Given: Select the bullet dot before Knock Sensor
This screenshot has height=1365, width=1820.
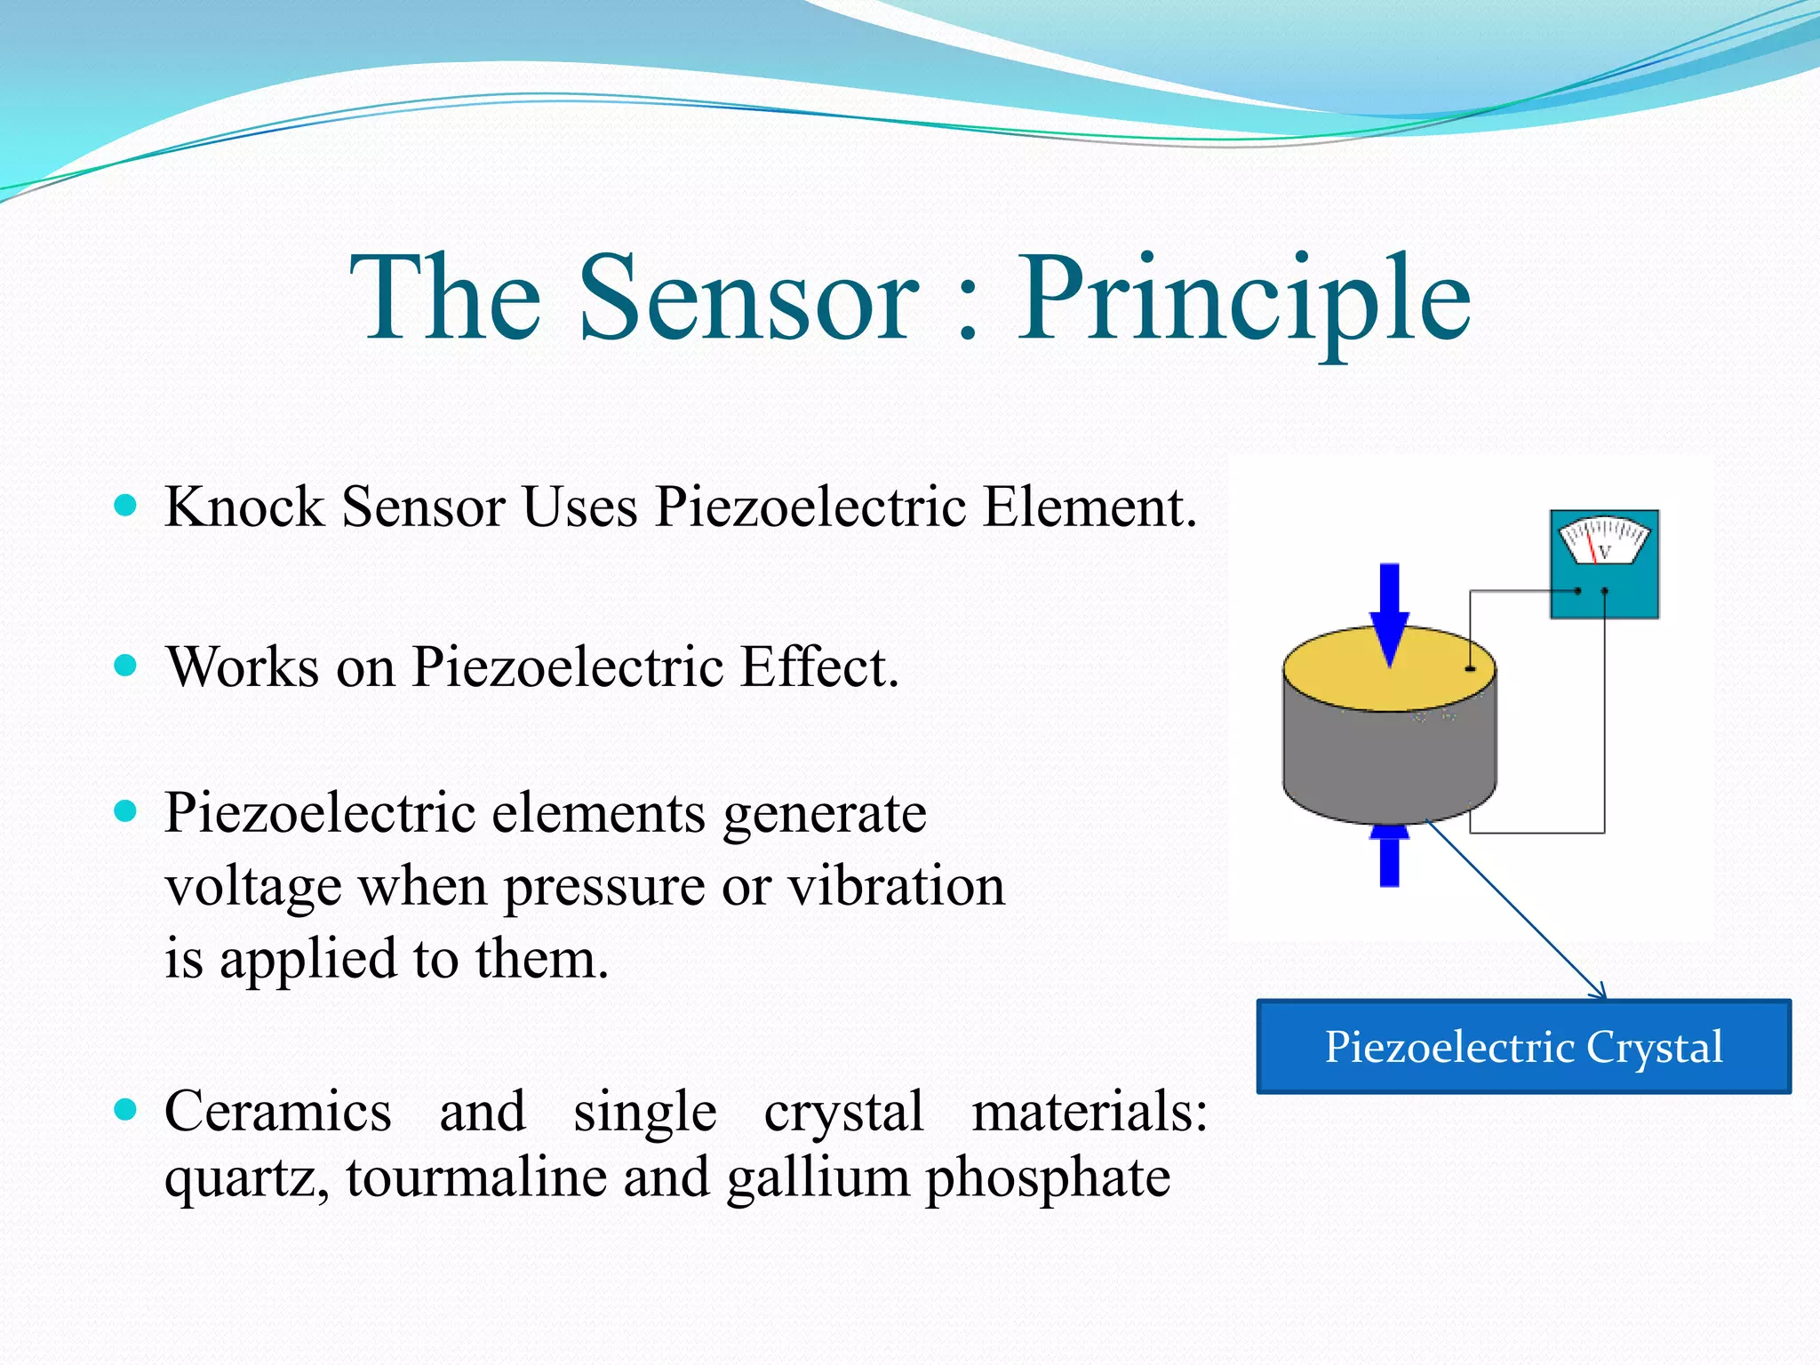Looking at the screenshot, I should coord(126,506).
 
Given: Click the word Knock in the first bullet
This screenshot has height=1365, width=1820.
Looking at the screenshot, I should coord(244,507).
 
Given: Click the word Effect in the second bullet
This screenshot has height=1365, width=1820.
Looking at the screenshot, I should coord(818,667).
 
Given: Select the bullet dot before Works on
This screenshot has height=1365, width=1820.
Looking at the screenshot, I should coord(126,666).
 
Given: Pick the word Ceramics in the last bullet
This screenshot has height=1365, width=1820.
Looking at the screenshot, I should coord(278,1112).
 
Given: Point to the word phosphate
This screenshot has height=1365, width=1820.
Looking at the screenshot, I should coord(1048,1179).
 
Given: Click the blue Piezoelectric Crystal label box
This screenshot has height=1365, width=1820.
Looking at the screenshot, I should coord(1523,1046).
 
